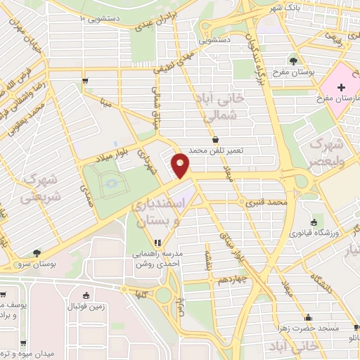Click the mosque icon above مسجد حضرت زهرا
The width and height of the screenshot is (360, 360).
(x=307, y=318)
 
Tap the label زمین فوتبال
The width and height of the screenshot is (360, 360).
(x=86, y=307)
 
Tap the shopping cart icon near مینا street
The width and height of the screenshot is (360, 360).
(x=85, y=82)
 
